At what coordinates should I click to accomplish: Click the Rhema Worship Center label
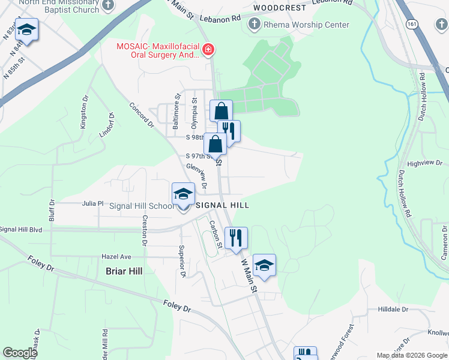(x=307, y=25)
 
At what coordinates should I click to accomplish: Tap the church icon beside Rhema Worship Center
(x=254, y=25)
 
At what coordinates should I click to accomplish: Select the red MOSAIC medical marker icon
(x=208, y=49)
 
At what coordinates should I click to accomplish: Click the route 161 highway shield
(x=411, y=23)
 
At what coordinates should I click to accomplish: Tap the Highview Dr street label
(x=424, y=163)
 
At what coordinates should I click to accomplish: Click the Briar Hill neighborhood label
(x=124, y=271)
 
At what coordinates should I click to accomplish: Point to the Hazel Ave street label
(x=116, y=256)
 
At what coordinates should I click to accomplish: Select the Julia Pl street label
(x=93, y=203)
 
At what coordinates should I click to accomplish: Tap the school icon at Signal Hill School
(x=183, y=194)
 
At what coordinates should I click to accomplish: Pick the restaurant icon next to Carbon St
(x=237, y=238)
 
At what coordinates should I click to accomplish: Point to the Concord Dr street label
(x=142, y=115)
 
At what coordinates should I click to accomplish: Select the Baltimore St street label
(x=176, y=112)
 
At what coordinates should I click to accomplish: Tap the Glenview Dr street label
(x=196, y=177)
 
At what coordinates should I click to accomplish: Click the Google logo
(x=20, y=353)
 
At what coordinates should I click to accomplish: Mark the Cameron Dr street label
(x=445, y=243)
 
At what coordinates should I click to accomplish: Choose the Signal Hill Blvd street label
(x=21, y=229)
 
